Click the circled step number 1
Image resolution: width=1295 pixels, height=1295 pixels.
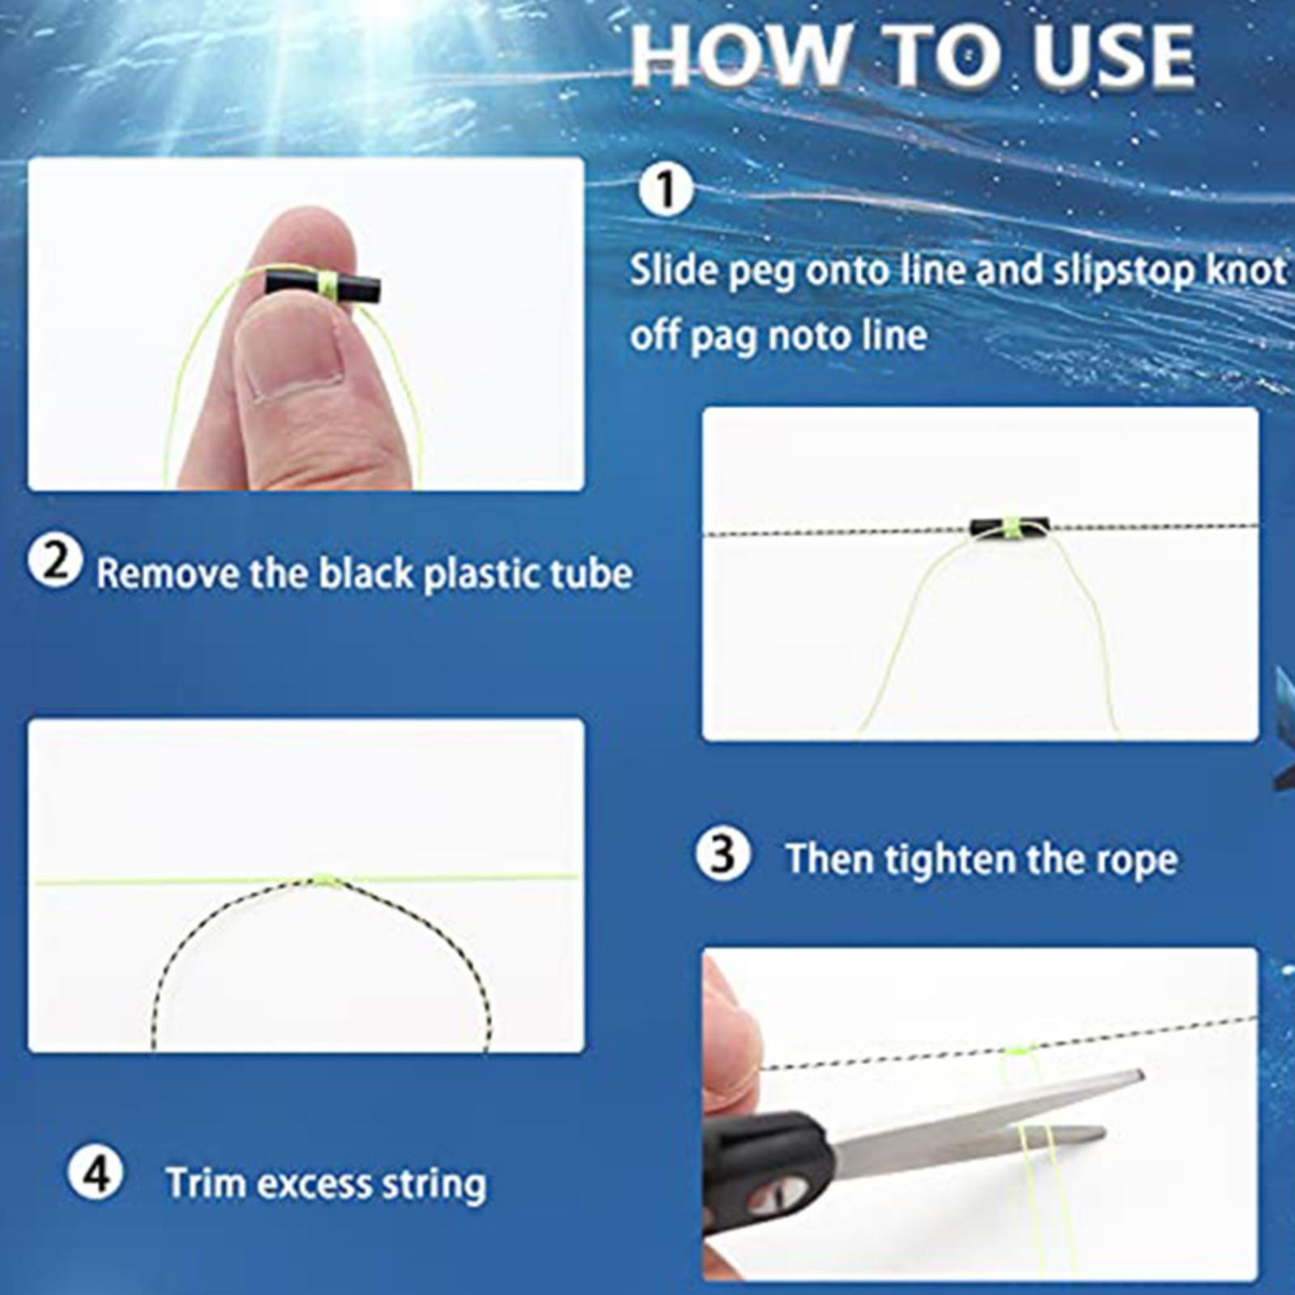665,190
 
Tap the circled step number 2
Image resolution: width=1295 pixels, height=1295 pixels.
55,562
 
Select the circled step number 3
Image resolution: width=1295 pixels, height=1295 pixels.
723,855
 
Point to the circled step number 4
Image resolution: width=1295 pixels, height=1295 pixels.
96,1173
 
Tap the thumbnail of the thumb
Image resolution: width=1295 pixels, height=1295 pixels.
295,356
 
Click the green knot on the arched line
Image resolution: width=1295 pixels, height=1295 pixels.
324,879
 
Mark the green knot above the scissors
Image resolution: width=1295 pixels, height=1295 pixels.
1017,1051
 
